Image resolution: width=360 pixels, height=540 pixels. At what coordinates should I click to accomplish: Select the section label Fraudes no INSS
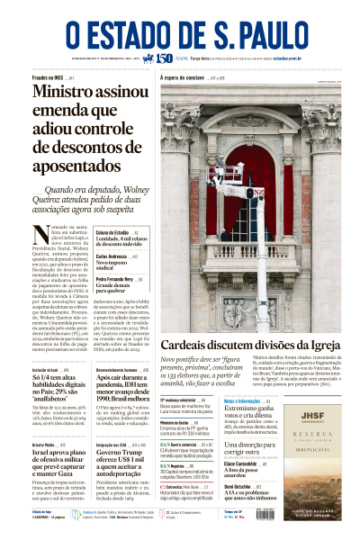click(x=49, y=79)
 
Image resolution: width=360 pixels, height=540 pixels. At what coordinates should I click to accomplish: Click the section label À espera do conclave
click(x=185, y=79)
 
